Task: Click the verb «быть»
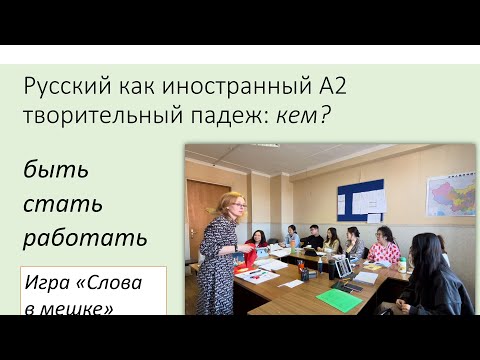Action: click(x=56, y=169)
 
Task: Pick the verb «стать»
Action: click(x=62, y=204)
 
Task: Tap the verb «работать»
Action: click(x=86, y=239)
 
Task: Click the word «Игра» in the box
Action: click(x=51, y=282)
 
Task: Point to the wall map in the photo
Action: click(x=450, y=194)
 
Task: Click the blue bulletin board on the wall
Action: click(x=360, y=200)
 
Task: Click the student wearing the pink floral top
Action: click(x=383, y=247)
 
